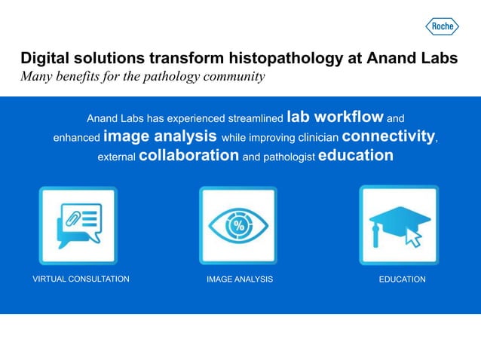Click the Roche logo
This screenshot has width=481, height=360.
coord(443,26)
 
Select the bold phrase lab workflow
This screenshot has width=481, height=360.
coord(335,117)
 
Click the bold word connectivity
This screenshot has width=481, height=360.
coord(388,137)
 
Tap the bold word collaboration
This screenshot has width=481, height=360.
coord(189,156)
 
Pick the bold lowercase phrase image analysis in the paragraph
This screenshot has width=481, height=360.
coord(161,137)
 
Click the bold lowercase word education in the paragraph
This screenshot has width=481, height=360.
coord(356,156)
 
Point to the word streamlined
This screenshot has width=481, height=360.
coord(247,119)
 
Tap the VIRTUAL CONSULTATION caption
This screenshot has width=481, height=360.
coord(81,279)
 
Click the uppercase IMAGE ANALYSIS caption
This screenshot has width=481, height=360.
coord(240,279)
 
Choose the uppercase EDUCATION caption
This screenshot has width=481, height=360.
coord(402,279)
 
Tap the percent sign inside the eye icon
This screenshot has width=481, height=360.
coord(239,225)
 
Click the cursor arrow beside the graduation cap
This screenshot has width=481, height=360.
coord(412,238)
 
